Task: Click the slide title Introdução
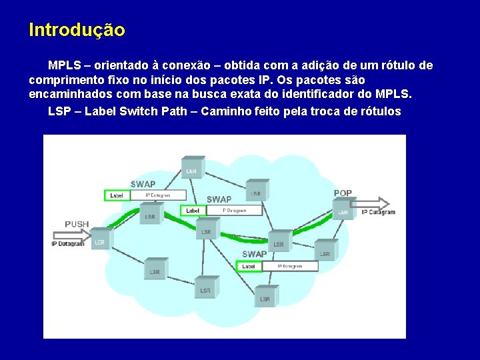[x=77, y=31]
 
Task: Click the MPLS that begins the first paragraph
[x=64, y=66]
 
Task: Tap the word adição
[x=317, y=66]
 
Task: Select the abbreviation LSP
[x=59, y=111]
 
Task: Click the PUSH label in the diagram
[x=77, y=224]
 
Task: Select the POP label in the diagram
[x=343, y=193]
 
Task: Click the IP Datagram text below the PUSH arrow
[x=68, y=244]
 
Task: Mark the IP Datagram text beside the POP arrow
[x=379, y=213]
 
